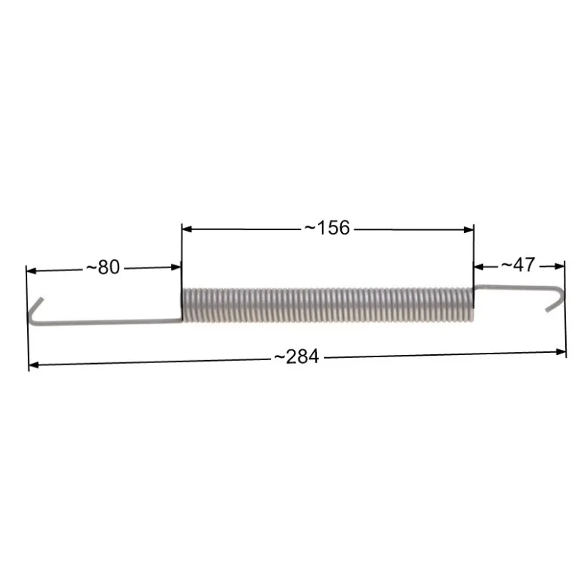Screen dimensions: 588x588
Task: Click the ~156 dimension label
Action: pos(326,228)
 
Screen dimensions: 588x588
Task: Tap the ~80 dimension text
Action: pos(103,268)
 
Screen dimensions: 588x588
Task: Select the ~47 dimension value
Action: pos(518,265)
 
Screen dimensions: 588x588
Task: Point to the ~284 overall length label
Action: pos(297,356)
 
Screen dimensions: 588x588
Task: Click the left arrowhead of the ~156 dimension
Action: pos(187,229)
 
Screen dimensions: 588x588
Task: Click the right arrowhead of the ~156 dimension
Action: pos(469,229)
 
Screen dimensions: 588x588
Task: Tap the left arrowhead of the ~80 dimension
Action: pos(32,270)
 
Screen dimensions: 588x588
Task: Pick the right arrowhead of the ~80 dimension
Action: pos(176,267)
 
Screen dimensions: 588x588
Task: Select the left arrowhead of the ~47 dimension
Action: pos(478,267)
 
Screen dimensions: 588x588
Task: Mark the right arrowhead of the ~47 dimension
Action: pos(559,266)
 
